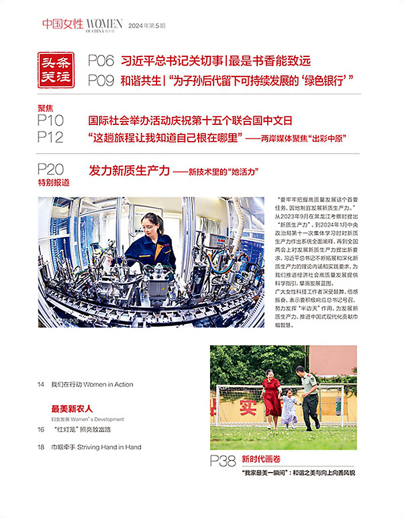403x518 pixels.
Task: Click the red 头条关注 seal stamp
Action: click(x=56, y=70)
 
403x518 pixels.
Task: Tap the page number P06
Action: click(x=101, y=60)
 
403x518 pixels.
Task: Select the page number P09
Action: click(x=101, y=81)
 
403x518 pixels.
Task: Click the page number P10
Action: click(x=51, y=120)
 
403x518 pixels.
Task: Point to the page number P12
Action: click(x=51, y=137)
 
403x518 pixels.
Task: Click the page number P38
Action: click(x=223, y=460)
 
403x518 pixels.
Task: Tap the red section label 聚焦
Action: click(x=46, y=108)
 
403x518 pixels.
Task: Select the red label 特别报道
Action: click(x=53, y=182)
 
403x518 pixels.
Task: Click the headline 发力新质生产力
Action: click(x=130, y=170)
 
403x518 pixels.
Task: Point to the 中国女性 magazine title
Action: click(x=63, y=24)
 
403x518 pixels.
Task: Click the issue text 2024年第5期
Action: click(x=146, y=25)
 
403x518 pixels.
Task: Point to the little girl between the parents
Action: click(x=290, y=407)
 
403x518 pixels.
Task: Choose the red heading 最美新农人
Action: click(x=72, y=409)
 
